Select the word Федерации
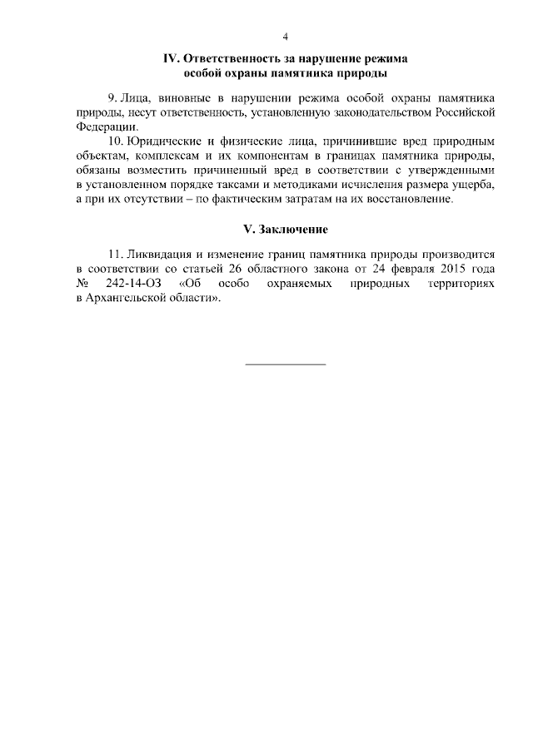point(104,127)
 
